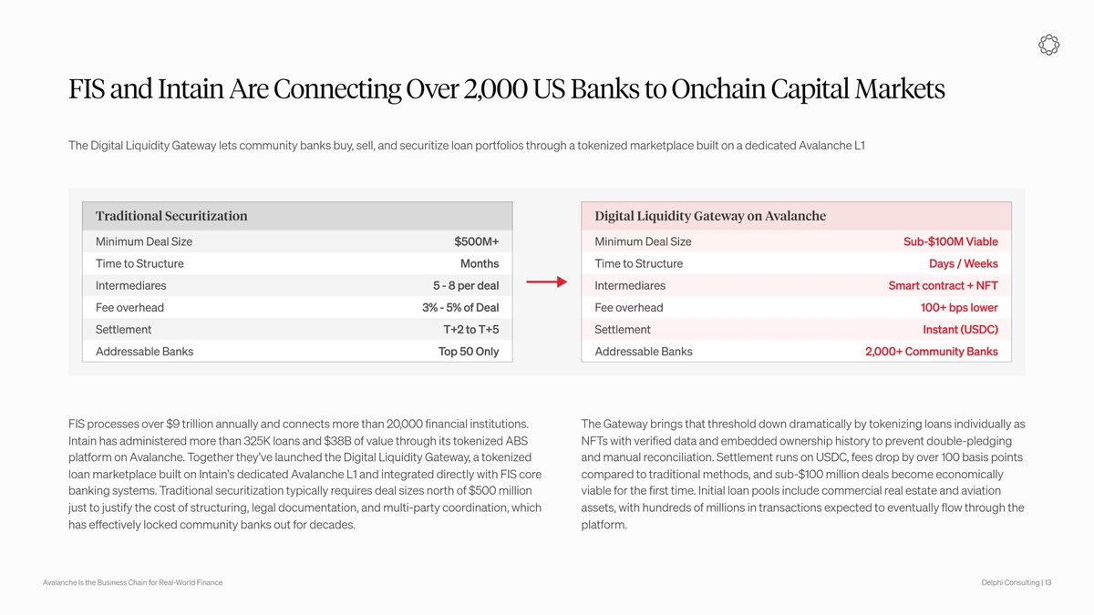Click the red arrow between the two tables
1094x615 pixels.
click(x=546, y=282)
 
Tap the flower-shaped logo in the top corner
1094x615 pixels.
click(x=1048, y=45)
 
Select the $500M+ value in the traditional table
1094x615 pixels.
click(x=476, y=241)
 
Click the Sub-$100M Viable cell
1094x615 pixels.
click(x=950, y=241)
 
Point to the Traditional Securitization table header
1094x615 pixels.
click(x=171, y=216)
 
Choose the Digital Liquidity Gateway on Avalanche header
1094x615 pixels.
click(x=710, y=216)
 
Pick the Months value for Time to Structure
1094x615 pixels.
click(x=480, y=263)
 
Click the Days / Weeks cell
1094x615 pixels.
click(x=963, y=263)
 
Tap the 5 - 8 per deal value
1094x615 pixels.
click(x=466, y=285)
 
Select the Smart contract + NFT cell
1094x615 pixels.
click(x=943, y=285)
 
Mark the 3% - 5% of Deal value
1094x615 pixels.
click(x=460, y=308)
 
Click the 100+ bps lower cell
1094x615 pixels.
click(x=959, y=308)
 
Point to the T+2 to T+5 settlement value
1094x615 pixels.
click(x=470, y=330)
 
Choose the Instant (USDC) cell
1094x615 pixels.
click(x=960, y=330)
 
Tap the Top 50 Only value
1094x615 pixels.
click(x=469, y=352)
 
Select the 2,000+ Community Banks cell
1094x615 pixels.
click(x=932, y=352)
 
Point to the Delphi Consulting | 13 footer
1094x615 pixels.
click(x=1017, y=582)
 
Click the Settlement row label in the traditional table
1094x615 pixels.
click(x=123, y=330)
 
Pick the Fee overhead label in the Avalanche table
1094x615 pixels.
click(x=628, y=308)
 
